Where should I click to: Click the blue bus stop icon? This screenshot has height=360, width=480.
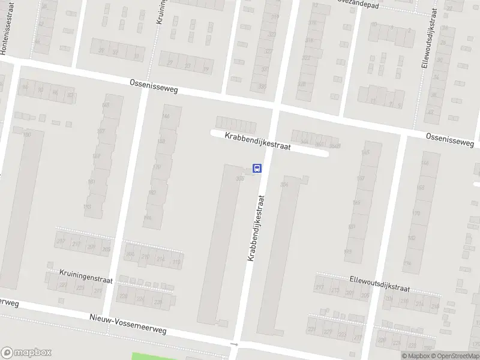pyautogui.click(x=257, y=168)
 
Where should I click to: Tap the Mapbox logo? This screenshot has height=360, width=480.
pyautogui.click(x=26, y=353)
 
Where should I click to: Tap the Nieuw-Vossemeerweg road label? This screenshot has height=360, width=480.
pyautogui.click(x=127, y=325)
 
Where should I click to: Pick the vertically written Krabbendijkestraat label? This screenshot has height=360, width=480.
pyautogui.click(x=256, y=227)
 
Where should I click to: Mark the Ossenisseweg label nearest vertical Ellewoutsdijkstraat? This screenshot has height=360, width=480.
pyautogui.click(x=449, y=140)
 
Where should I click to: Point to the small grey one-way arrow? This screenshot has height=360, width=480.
pyautogui.click(x=234, y=344)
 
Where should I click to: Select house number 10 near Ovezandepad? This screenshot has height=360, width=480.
pyautogui.click(x=374, y=25)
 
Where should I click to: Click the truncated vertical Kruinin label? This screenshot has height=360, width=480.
pyautogui.click(x=161, y=11)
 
